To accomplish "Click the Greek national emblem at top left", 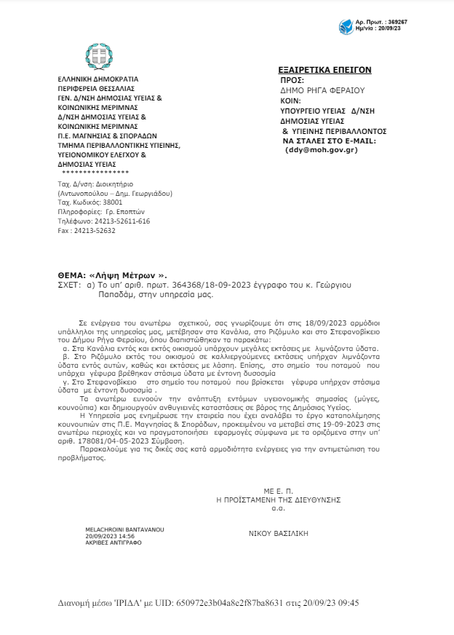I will pos(100,56).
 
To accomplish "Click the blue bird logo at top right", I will pos(346,28).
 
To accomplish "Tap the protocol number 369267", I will pos(397,22).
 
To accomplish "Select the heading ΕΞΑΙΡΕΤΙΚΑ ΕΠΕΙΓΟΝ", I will pos(324,70).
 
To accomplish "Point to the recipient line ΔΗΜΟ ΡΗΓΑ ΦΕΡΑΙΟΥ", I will pos(322,90).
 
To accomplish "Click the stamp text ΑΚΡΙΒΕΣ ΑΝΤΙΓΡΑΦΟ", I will pos(113,543).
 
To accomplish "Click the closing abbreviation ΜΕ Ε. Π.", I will pos(278,492).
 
